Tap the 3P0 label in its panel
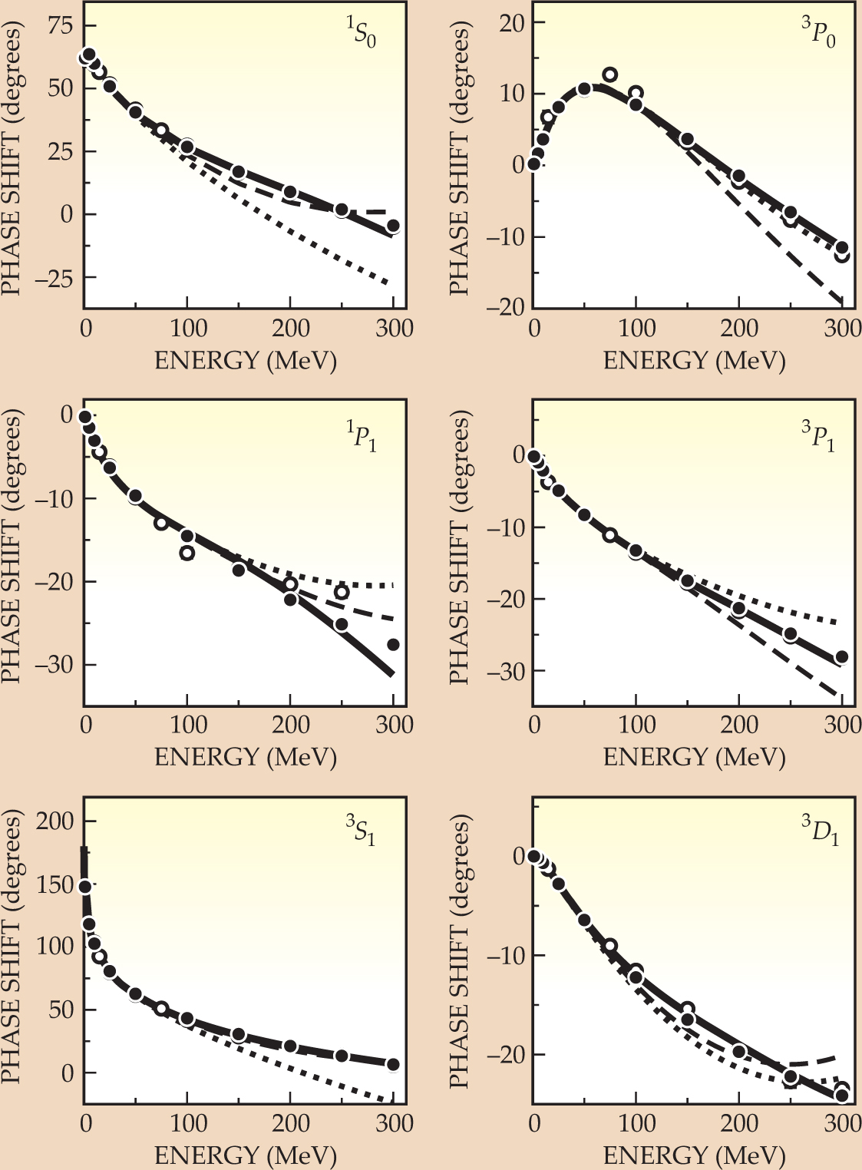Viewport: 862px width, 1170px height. [x=818, y=35]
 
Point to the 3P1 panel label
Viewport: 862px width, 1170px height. [x=818, y=438]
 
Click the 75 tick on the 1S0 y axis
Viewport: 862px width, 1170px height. [x=60, y=26]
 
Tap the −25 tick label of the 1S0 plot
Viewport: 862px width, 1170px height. [x=52, y=278]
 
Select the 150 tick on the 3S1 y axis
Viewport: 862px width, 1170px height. [x=56, y=884]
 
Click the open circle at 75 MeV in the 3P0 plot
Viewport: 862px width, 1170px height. [x=610, y=74]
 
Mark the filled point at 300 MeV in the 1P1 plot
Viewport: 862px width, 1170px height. [x=393, y=645]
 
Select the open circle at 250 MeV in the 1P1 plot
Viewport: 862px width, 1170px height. [x=342, y=592]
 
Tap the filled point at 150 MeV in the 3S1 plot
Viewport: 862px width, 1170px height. [x=239, y=1035]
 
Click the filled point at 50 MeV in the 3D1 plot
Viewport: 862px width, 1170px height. [x=584, y=920]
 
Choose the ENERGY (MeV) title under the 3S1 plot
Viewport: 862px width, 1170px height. [x=246, y=1155]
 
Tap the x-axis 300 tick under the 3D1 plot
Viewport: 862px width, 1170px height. [x=842, y=1123]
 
